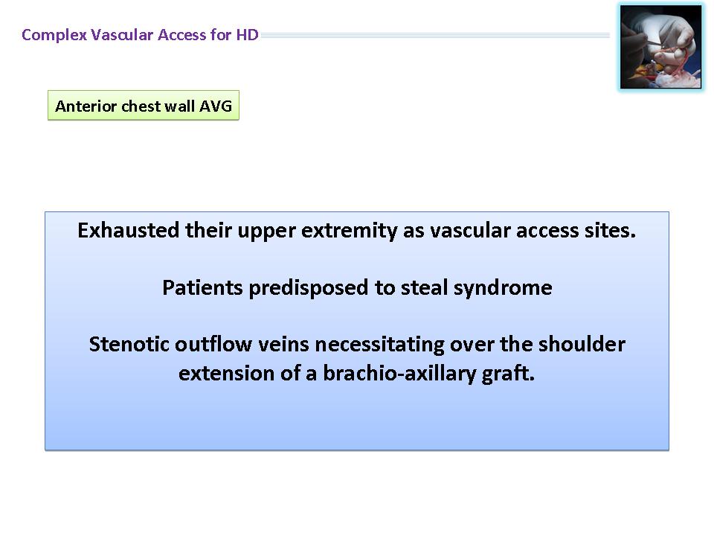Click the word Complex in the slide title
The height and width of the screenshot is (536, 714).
pos(54,35)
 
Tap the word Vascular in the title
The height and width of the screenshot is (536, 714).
pos(122,35)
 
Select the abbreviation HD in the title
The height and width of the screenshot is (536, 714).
pos(247,35)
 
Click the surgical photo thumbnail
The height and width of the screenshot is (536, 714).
pos(660,47)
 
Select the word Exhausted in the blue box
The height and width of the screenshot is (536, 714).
pos(129,230)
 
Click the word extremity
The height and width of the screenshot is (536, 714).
pos(350,231)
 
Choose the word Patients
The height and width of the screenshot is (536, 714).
pos(202,287)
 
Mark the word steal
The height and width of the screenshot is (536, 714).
pos(425,287)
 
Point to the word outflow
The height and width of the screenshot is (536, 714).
pos(213,344)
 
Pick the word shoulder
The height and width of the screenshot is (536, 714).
pos(582,344)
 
